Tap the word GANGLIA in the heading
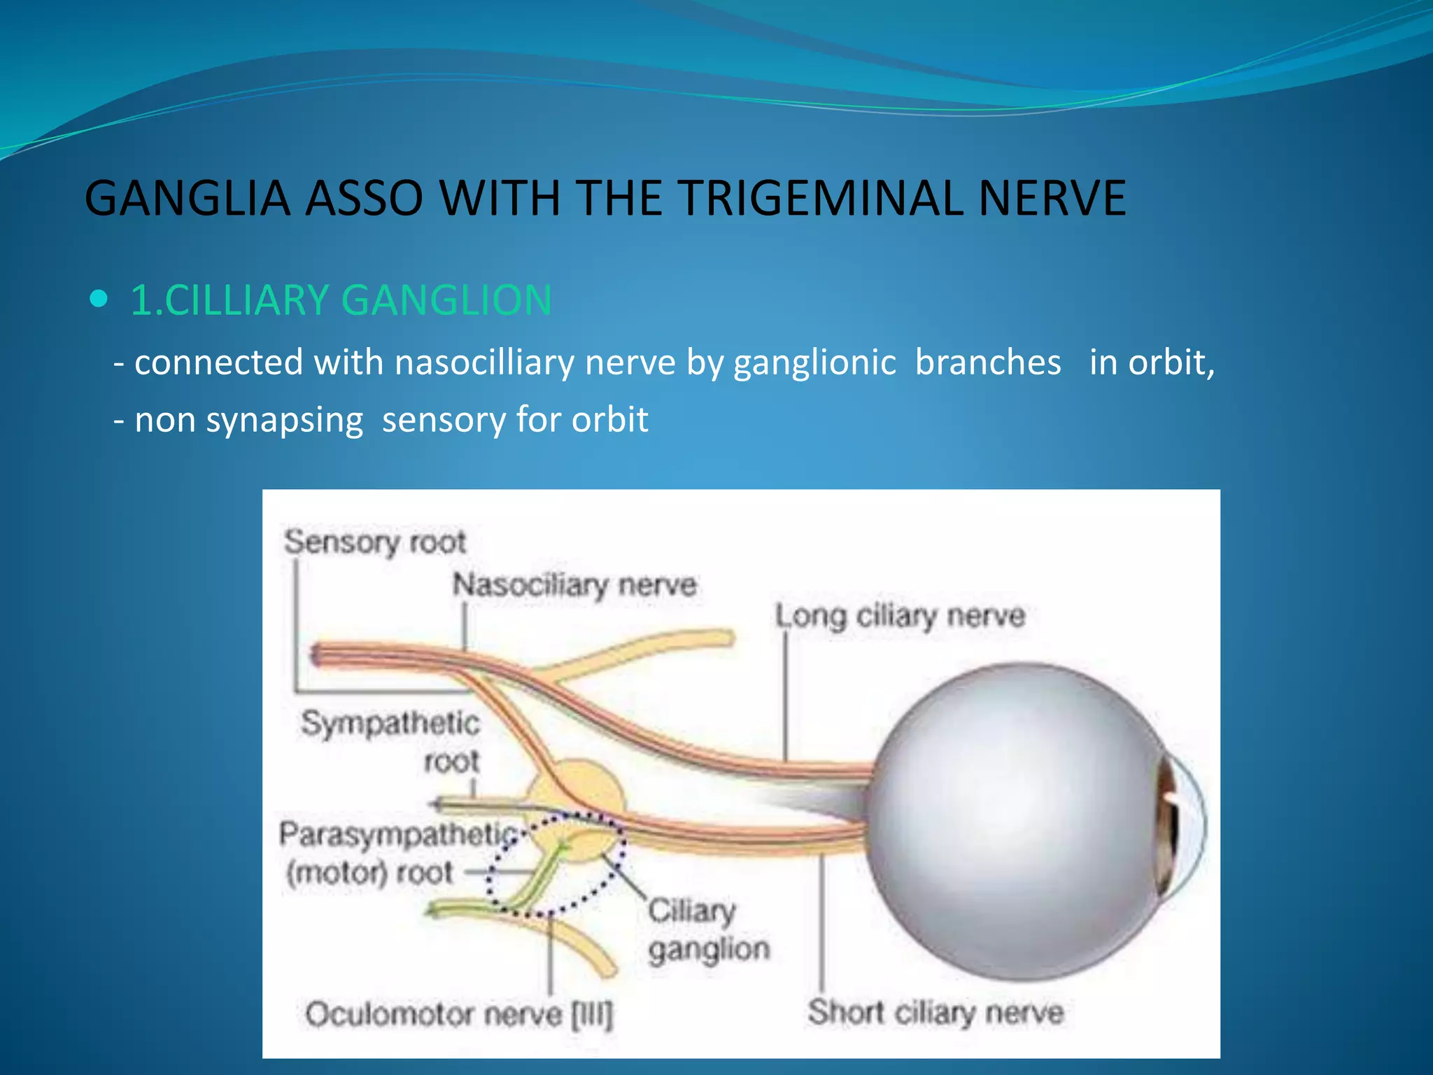click(x=187, y=198)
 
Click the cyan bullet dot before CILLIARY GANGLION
click(x=99, y=300)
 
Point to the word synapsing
click(x=284, y=420)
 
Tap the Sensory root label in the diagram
click(x=374, y=542)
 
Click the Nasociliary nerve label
click(x=574, y=584)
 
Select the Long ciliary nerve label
click(x=900, y=616)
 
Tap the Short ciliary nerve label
click(x=936, y=1012)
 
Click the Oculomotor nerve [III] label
click(x=458, y=1014)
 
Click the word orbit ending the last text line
click(x=609, y=420)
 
